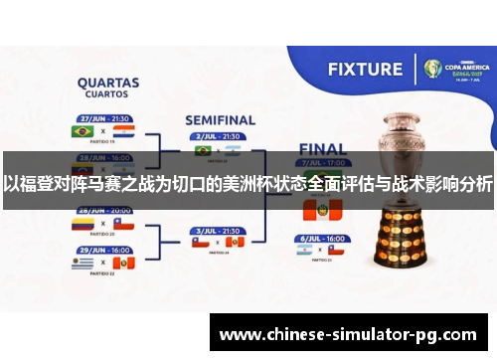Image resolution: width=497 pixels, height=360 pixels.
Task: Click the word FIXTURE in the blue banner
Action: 365,71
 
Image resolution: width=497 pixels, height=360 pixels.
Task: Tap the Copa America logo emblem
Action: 432,69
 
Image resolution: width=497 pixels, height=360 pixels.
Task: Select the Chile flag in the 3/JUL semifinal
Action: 202,242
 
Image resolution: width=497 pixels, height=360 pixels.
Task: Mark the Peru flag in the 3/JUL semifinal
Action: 235,242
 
